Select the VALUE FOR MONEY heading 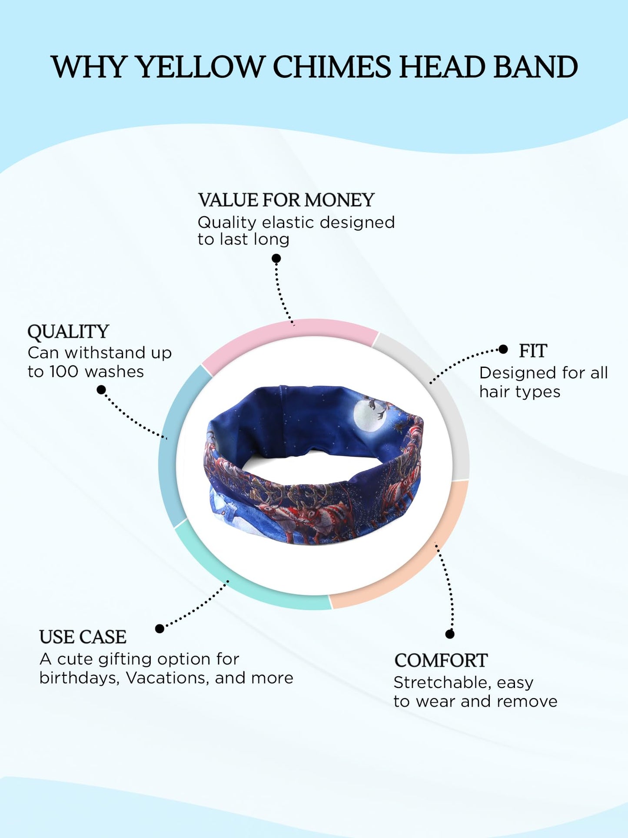(286, 200)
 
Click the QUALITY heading (68, 332)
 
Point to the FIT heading (533, 351)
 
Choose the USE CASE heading (83, 637)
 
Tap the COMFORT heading (441, 661)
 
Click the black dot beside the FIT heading (503, 349)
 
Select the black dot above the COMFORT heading (450, 634)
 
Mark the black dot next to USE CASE (159, 628)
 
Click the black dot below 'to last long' (276, 258)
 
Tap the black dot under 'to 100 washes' (101, 390)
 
